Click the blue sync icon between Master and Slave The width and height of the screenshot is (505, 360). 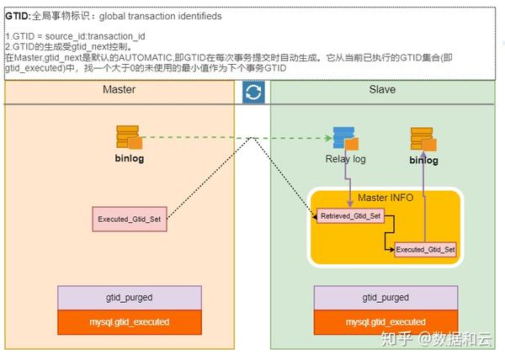[253, 92]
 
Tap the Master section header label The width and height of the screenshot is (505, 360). [119, 90]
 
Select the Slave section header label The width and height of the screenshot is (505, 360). [382, 90]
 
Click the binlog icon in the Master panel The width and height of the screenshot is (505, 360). [129, 136]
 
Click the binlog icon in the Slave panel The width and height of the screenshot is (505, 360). [423, 140]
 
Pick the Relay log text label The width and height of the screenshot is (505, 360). [345, 159]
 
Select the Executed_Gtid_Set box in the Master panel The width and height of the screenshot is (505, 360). [129, 220]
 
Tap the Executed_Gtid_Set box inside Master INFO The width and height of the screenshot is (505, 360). [425, 249]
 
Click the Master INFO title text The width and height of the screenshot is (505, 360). [385, 199]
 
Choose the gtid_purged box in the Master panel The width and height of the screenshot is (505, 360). [129, 298]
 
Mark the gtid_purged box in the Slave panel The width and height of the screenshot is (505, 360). [386, 298]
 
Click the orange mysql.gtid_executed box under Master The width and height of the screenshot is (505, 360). [129, 322]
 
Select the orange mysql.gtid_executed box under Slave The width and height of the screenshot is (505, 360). [386, 322]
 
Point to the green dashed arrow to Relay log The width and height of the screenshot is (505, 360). [236, 137]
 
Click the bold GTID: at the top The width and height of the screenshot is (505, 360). [19, 15]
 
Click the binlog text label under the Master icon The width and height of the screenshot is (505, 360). [130, 156]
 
